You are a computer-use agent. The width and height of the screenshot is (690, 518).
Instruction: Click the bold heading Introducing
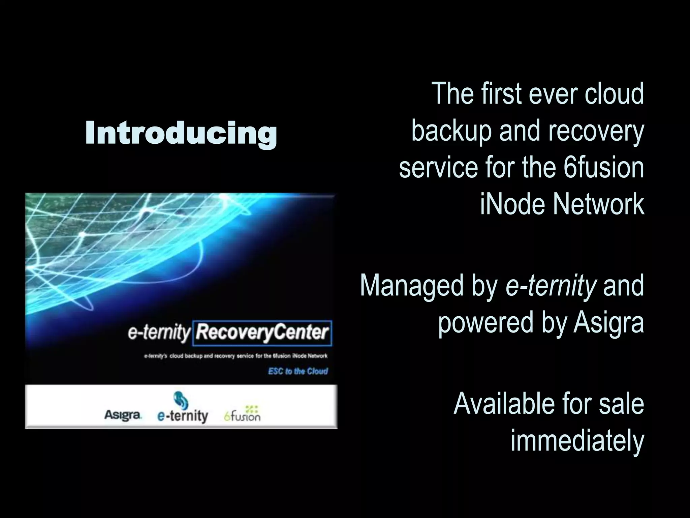pyautogui.click(x=181, y=133)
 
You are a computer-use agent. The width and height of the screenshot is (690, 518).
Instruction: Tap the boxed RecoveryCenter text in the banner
pyautogui.click(x=262, y=333)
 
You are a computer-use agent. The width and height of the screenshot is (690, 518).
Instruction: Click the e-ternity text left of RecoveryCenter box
pyautogui.click(x=159, y=333)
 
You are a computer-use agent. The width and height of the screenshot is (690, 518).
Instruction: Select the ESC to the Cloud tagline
pyautogui.click(x=298, y=371)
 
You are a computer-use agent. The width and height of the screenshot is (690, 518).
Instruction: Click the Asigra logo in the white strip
pyautogui.click(x=123, y=415)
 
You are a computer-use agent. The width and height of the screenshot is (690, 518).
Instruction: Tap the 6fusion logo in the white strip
pyautogui.click(x=243, y=415)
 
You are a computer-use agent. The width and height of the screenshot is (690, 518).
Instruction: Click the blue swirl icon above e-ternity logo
pyautogui.click(x=181, y=400)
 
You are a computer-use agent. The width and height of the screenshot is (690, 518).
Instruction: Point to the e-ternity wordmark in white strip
pyautogui.click(x=183, y=416)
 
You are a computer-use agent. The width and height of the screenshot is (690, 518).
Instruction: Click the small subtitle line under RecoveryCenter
pyautogui.click(x=236, y=356)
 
